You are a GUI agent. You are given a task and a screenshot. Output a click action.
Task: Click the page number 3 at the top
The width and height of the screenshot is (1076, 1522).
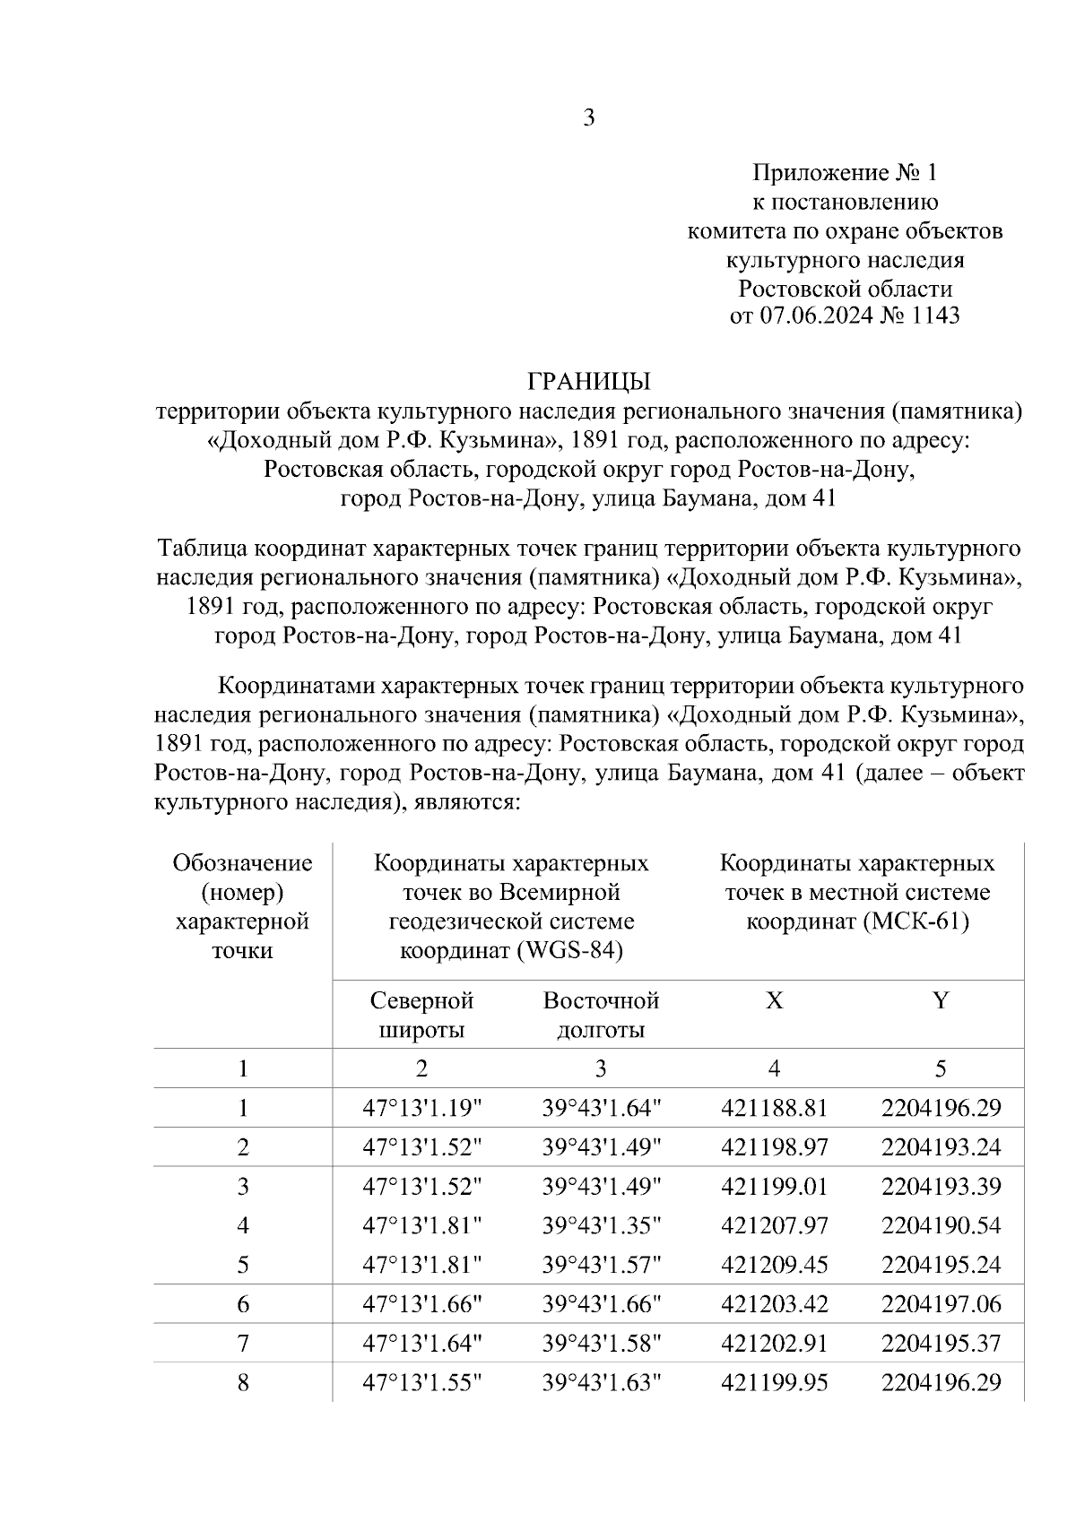coord(589,117)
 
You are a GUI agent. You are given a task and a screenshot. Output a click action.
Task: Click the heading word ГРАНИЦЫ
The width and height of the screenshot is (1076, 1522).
coord(589,382)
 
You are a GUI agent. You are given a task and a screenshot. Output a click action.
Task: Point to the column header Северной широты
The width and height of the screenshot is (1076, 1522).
coord(421,1015)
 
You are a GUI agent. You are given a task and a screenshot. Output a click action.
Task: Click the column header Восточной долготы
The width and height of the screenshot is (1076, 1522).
coord(601,1015)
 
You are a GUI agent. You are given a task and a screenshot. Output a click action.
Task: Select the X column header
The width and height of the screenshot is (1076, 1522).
coord(774,1000)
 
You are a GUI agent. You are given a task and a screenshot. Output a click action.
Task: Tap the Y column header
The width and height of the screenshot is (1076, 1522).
coord(940,1000)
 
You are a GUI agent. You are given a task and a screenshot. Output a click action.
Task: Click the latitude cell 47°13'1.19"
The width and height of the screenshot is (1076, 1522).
coord(421,1109)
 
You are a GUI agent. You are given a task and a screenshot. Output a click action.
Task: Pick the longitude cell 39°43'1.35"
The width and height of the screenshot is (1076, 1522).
coord(601,1225)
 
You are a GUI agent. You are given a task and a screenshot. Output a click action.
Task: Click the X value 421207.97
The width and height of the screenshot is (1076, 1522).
coord(774,1225)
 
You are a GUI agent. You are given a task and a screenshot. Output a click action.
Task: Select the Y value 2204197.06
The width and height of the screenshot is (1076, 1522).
coord(941,1303)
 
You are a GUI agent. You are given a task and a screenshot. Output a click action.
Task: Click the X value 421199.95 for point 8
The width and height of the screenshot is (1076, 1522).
coord(774,1382)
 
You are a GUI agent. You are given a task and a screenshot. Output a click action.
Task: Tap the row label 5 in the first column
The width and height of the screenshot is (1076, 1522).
coord(243,1265)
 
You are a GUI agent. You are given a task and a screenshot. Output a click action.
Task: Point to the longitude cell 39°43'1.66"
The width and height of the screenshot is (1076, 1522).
coord(601,1303)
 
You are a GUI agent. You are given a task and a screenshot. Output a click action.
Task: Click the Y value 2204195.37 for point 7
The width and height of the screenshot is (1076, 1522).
coord(941,1343)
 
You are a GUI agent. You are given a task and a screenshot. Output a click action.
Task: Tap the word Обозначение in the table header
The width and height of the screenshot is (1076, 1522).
coord(243,863)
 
